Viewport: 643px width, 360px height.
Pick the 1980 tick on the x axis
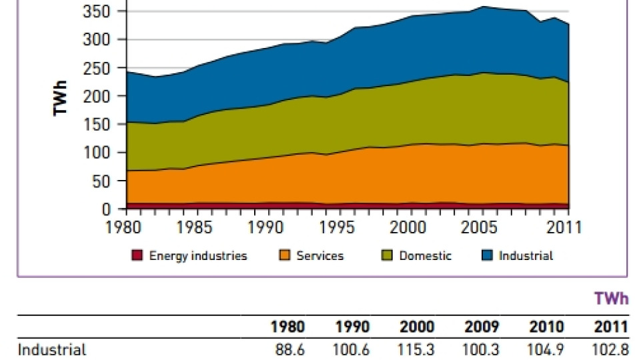tap(127, 227)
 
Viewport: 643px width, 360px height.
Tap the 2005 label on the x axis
tap(484, 227)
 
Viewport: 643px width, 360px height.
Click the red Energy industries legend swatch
tap(137, 255)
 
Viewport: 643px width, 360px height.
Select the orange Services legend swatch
tap(285, 255)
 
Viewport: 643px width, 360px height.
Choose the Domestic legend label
tap(425, 255)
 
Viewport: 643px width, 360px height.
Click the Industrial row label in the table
tap(51, 350)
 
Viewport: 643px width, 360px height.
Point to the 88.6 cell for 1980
tap(289, 350)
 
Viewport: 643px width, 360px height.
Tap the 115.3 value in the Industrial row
tap(417, 350)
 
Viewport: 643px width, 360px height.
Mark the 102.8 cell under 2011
tap(611, 350)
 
